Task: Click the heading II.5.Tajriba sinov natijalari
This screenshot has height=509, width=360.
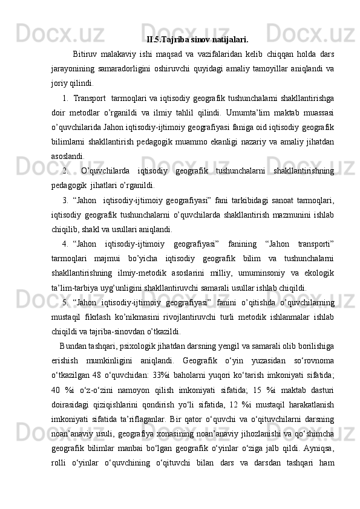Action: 197,41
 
